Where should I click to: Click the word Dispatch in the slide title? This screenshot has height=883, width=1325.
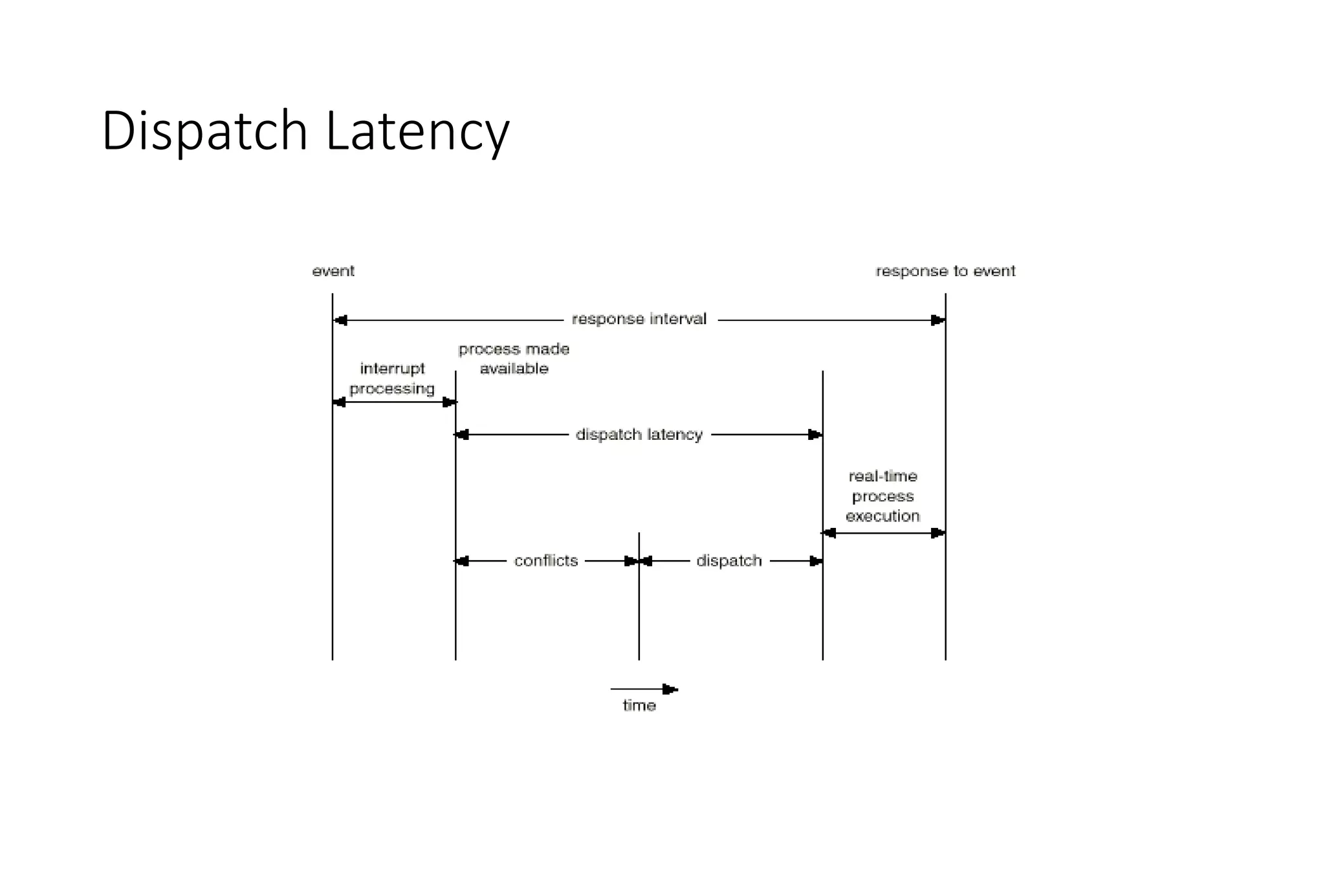click(204, 132)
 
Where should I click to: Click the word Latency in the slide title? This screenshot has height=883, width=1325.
click(417, 132)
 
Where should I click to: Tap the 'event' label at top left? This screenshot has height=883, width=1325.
click(333, 271)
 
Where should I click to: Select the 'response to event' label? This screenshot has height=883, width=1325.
click(945, 271)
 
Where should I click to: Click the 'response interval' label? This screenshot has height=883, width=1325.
click(639, 319)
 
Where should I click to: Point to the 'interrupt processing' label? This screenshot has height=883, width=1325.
click(392, 378)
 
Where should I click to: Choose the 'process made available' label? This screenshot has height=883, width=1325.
click(514, 359)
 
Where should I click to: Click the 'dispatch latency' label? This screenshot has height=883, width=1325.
click(639, 434)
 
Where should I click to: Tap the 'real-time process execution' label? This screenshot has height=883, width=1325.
click(883, 496)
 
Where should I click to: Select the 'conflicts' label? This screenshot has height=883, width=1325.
click(546, 560)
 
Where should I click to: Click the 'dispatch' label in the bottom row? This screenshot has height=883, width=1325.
click(729, 560)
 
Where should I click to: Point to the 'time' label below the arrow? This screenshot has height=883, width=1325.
click(639, 706)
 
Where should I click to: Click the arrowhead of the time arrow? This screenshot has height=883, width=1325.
click(670, 690)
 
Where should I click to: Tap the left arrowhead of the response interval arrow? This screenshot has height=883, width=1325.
click(340, 320)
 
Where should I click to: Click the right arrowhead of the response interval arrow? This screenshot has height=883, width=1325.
click(937, 320)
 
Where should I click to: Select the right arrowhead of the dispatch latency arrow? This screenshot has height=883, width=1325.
click(815, 435)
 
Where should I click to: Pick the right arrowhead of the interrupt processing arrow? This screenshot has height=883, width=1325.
click(449, 402)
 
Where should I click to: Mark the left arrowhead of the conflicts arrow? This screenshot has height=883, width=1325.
click(462, 561)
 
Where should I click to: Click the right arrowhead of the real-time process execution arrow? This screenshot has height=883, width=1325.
click(937, 533)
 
